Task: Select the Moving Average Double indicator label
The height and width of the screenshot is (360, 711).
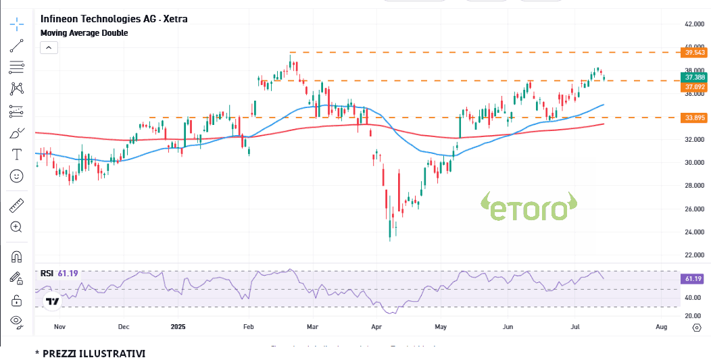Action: point(84,32)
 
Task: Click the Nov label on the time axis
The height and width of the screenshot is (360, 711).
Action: point(59,327)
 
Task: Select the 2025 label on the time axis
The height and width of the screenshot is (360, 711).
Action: point(178,327)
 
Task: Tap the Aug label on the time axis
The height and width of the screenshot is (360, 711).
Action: point(662,327)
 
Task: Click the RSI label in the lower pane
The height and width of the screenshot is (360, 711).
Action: point(47,274)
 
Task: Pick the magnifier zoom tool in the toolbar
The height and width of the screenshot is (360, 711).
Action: point(17,227)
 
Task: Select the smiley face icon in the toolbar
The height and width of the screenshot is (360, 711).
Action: point(17,176)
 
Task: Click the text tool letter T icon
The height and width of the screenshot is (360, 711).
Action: point(17,154)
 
